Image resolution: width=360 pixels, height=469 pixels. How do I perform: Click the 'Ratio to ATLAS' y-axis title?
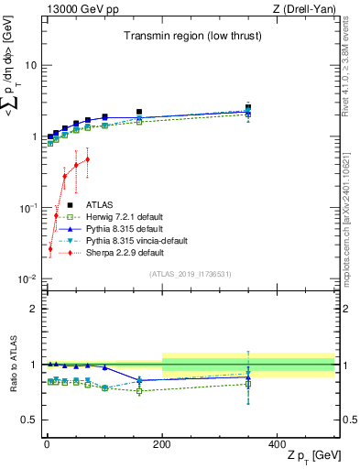pos(12,364)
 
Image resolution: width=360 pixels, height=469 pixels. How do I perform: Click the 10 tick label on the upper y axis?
pos(29,65)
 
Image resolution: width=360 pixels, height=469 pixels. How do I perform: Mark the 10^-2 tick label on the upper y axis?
pos(27,278)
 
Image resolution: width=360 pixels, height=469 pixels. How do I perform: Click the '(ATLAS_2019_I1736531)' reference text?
pos(191,273)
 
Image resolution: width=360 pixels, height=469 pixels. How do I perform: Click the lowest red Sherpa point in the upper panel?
pos(50,248)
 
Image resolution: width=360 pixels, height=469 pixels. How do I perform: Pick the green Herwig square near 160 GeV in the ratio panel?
pos(139,391)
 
